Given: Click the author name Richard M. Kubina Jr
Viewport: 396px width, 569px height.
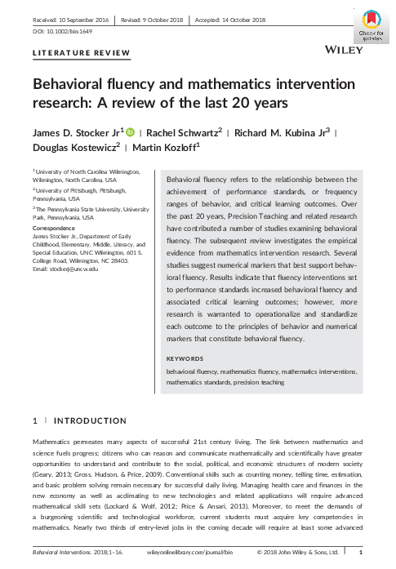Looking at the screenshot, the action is click(278, 133).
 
